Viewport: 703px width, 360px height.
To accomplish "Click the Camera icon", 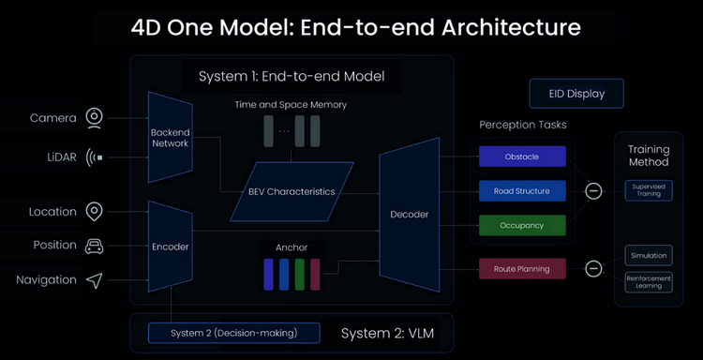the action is (x=94, y=118).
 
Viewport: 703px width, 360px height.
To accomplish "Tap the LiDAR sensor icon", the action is (x=94, y=157).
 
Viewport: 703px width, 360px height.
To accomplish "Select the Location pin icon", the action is (x=94, y=212).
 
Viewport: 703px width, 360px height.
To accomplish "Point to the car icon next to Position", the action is (x=94, y=246).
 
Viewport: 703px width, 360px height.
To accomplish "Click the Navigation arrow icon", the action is (x=94, y=280).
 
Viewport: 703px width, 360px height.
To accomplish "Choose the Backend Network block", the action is (x=171, y=137).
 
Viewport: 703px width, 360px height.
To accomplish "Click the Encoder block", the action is (x=171, y=247).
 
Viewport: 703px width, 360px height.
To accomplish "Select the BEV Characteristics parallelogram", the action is (x=292, y=191).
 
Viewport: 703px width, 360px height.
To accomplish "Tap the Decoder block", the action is (x=410, y=215).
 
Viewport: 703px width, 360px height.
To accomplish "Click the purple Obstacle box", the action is (x=522, y=157).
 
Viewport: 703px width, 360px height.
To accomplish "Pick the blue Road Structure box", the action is (x=522, y=191).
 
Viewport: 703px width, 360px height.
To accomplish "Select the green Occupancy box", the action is (x=522, y=226).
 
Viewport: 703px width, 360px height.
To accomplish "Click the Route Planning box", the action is (x=522, y=269).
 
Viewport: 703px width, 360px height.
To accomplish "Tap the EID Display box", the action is (x=576, y=94).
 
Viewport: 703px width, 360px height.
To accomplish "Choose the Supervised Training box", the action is (x=649, y=190).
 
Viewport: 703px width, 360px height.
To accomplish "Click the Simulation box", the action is (x=649, y=256).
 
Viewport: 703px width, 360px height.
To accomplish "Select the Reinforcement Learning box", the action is (x=649, y=282).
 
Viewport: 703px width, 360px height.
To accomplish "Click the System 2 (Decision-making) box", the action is (x=234, y=333).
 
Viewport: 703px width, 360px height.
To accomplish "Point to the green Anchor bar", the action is (x=300, y=275).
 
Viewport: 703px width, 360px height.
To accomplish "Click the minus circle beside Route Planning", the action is (x=593, y=268).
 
